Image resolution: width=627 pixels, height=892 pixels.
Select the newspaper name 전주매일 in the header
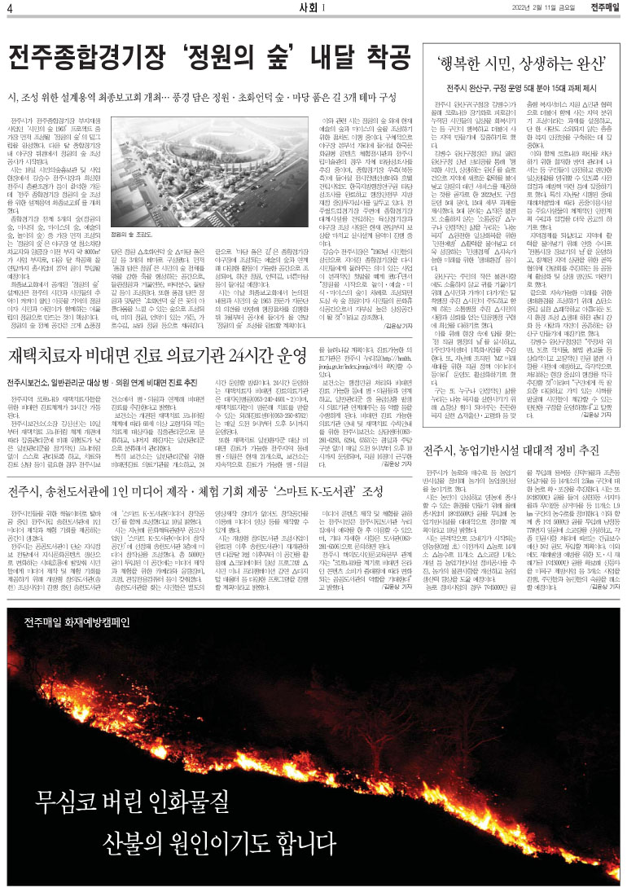[605, 8]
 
